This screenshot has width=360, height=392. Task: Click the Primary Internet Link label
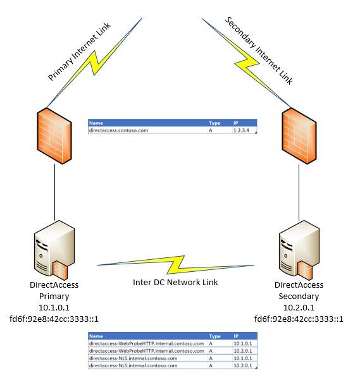(79, 52)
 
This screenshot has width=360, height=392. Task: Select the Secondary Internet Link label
(259, 51)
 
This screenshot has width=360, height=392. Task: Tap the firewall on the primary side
(54, 136)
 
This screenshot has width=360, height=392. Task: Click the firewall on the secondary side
(299, 136)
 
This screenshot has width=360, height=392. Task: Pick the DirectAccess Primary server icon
(54, 250)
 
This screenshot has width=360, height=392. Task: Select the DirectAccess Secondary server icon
(299, 250)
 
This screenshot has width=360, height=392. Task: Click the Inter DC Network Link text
(175, 282)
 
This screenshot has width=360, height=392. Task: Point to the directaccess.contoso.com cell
(118, 130)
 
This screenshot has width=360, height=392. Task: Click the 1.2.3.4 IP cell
(241, 130)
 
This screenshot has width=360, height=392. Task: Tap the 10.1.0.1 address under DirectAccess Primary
(54, 307)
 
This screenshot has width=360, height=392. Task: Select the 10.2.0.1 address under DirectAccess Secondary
(299, 307)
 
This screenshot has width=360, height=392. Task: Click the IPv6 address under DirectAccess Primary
(54, 319)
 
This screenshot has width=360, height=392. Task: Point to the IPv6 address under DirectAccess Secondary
(299, 319)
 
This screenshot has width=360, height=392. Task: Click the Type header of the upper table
(214, 123)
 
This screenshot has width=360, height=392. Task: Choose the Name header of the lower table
(96, 336)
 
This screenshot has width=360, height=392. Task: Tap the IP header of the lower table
(236, 336)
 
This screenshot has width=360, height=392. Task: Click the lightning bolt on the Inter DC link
(176, 265)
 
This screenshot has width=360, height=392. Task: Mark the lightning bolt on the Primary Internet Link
(94, 63)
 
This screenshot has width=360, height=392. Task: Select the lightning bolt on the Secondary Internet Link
(246, 63)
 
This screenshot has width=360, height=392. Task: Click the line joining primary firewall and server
(54, 192)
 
